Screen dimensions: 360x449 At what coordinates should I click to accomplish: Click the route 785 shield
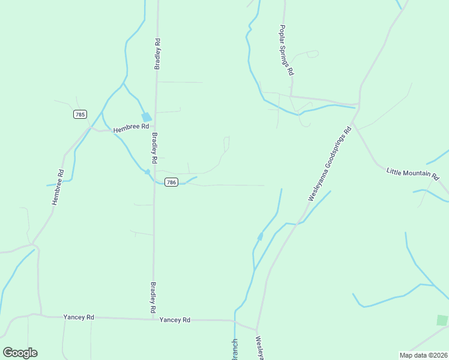tap(80, 114)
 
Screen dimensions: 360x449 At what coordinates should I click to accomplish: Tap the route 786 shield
tap(171, 182)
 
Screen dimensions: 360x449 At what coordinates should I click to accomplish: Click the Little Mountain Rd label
tap(412, 173)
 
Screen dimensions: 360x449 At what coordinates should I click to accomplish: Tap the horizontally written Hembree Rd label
tap(131, 127)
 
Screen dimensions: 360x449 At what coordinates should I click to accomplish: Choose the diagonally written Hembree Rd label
tap(58, 188)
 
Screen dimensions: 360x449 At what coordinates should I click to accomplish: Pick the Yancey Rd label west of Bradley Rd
tap(79, 317)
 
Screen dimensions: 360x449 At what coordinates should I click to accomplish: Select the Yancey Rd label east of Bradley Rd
tap(175, 320)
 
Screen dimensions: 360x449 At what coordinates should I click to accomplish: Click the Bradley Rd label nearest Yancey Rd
tap(154, 297)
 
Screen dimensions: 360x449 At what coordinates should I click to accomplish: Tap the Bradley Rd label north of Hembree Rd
tap(157, 55)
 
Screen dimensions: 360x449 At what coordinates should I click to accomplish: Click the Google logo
tap(20, 353)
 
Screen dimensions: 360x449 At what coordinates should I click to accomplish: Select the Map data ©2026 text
tap(423, 355)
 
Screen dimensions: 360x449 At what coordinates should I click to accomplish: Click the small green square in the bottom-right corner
tap(442, 320)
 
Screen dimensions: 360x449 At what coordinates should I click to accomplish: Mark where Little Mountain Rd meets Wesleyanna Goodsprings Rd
tap(354, 122)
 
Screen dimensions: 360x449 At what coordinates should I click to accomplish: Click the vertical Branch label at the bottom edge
tap(235, 349)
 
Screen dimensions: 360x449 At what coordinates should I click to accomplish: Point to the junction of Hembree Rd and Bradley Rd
tap(155, 127)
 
